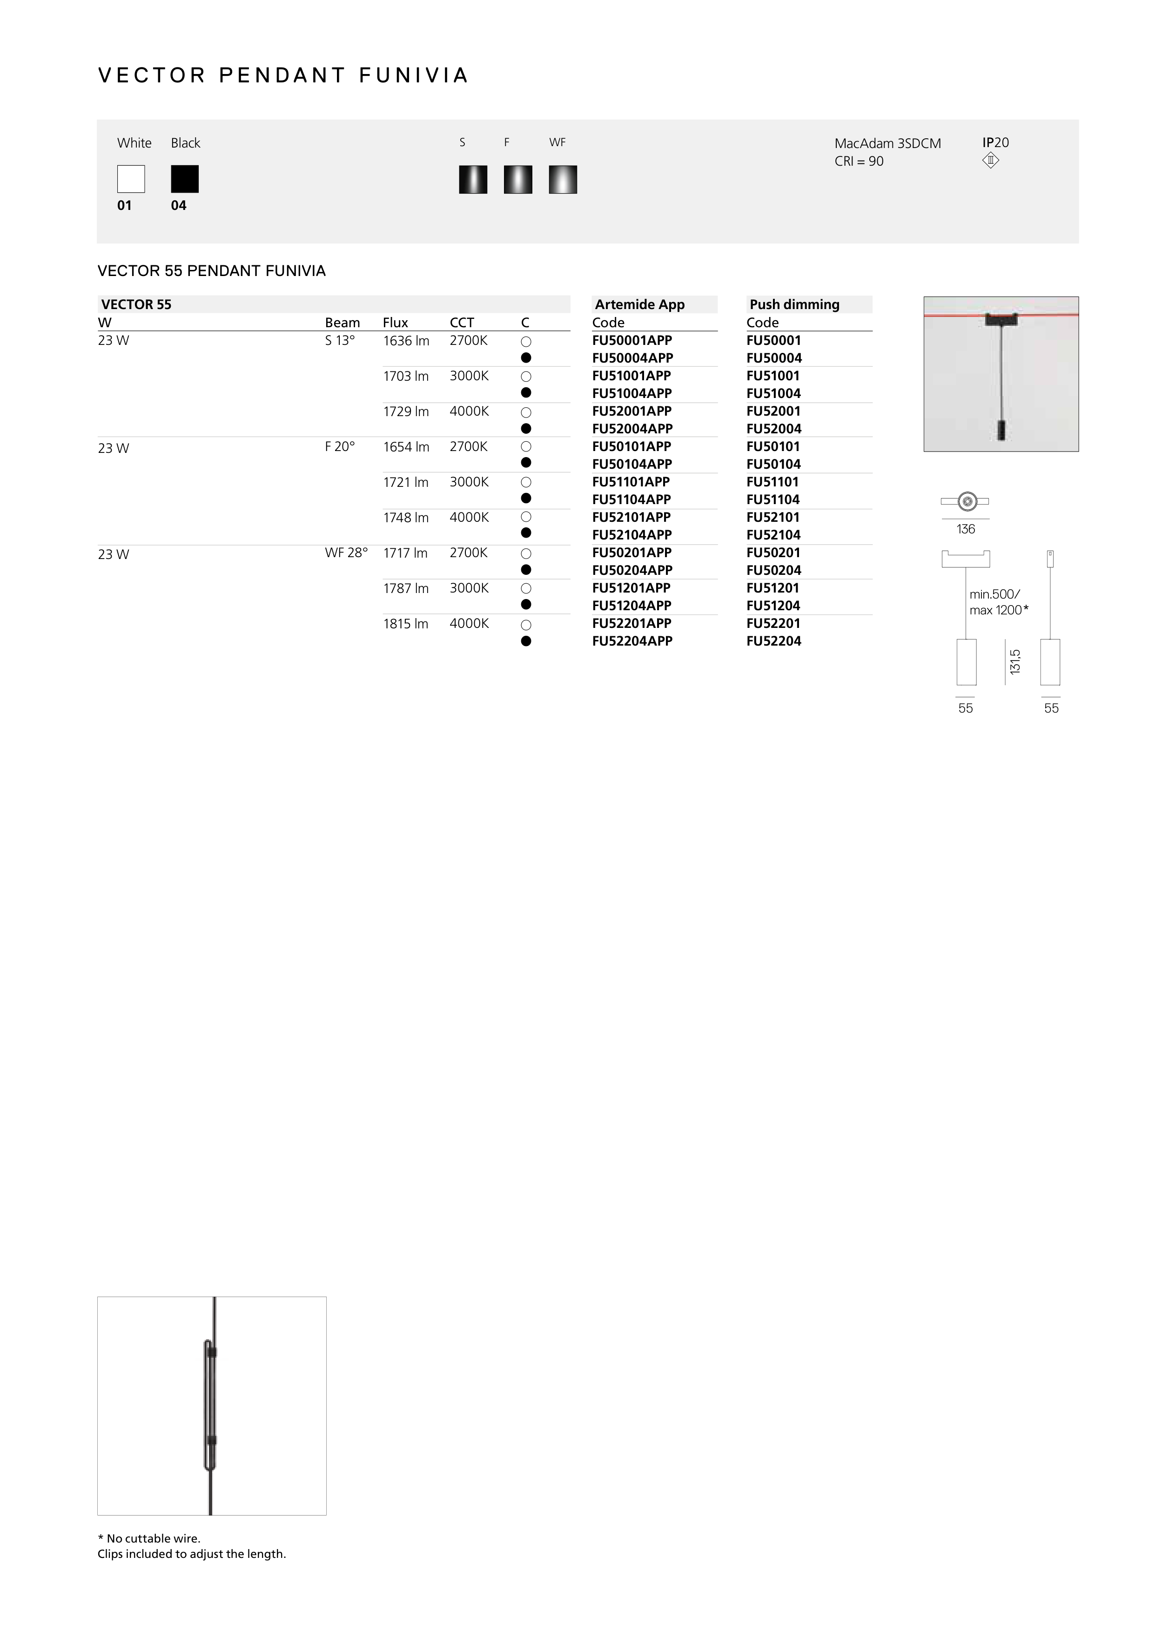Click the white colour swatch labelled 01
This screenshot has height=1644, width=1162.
pyautogui.click(x=131, y=179)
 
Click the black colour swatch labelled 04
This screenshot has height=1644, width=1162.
pyautogui.click(x=185, y=179)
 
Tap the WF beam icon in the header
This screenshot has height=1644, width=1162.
pyautogui.click(x=563, y=180)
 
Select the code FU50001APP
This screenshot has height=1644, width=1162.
pyautogui.click(x=631, y=341)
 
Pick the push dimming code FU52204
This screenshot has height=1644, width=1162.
pyautogui.click(x=773, y=641)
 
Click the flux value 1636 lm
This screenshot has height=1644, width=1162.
pyautogui.click(x=406, y=341)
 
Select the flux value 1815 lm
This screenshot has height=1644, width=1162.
pyautogui.click(x=405, y=624)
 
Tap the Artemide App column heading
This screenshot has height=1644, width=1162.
pyautogui.click(x=639, y=304)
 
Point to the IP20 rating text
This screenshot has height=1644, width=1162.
pyautogui.click(x=995, y=142)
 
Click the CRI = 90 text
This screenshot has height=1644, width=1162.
pyautogui.click(x=859, y=162)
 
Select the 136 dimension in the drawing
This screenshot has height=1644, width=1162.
pyautogui.click(x=965, y=529)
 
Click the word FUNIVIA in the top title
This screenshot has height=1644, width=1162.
pyautogui.click(x=414, y=75)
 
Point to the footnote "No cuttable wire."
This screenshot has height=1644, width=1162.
pyautogui.click(x=153, y=1538)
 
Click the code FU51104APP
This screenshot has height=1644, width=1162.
pyautogui.click(x=631, y=500)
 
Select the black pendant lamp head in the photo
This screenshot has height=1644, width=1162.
pyautogui.click(x=1001, y=431)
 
